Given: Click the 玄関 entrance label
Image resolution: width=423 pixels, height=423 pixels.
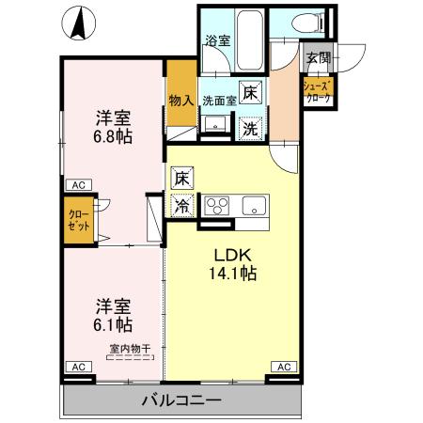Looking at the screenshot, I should point(316,58).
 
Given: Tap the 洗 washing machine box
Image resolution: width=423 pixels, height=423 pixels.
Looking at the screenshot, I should point(249,128).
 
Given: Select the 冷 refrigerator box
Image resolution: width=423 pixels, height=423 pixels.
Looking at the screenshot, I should point(181,204).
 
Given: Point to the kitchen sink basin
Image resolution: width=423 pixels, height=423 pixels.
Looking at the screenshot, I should point(255,205).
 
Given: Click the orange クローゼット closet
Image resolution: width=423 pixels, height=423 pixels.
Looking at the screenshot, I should point(79,221).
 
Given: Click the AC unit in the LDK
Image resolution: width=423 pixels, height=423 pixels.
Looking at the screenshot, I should point(282,366).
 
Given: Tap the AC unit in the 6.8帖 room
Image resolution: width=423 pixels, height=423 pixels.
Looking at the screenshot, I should point(76,185).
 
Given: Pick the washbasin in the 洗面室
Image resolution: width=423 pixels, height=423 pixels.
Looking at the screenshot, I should point(214,123).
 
